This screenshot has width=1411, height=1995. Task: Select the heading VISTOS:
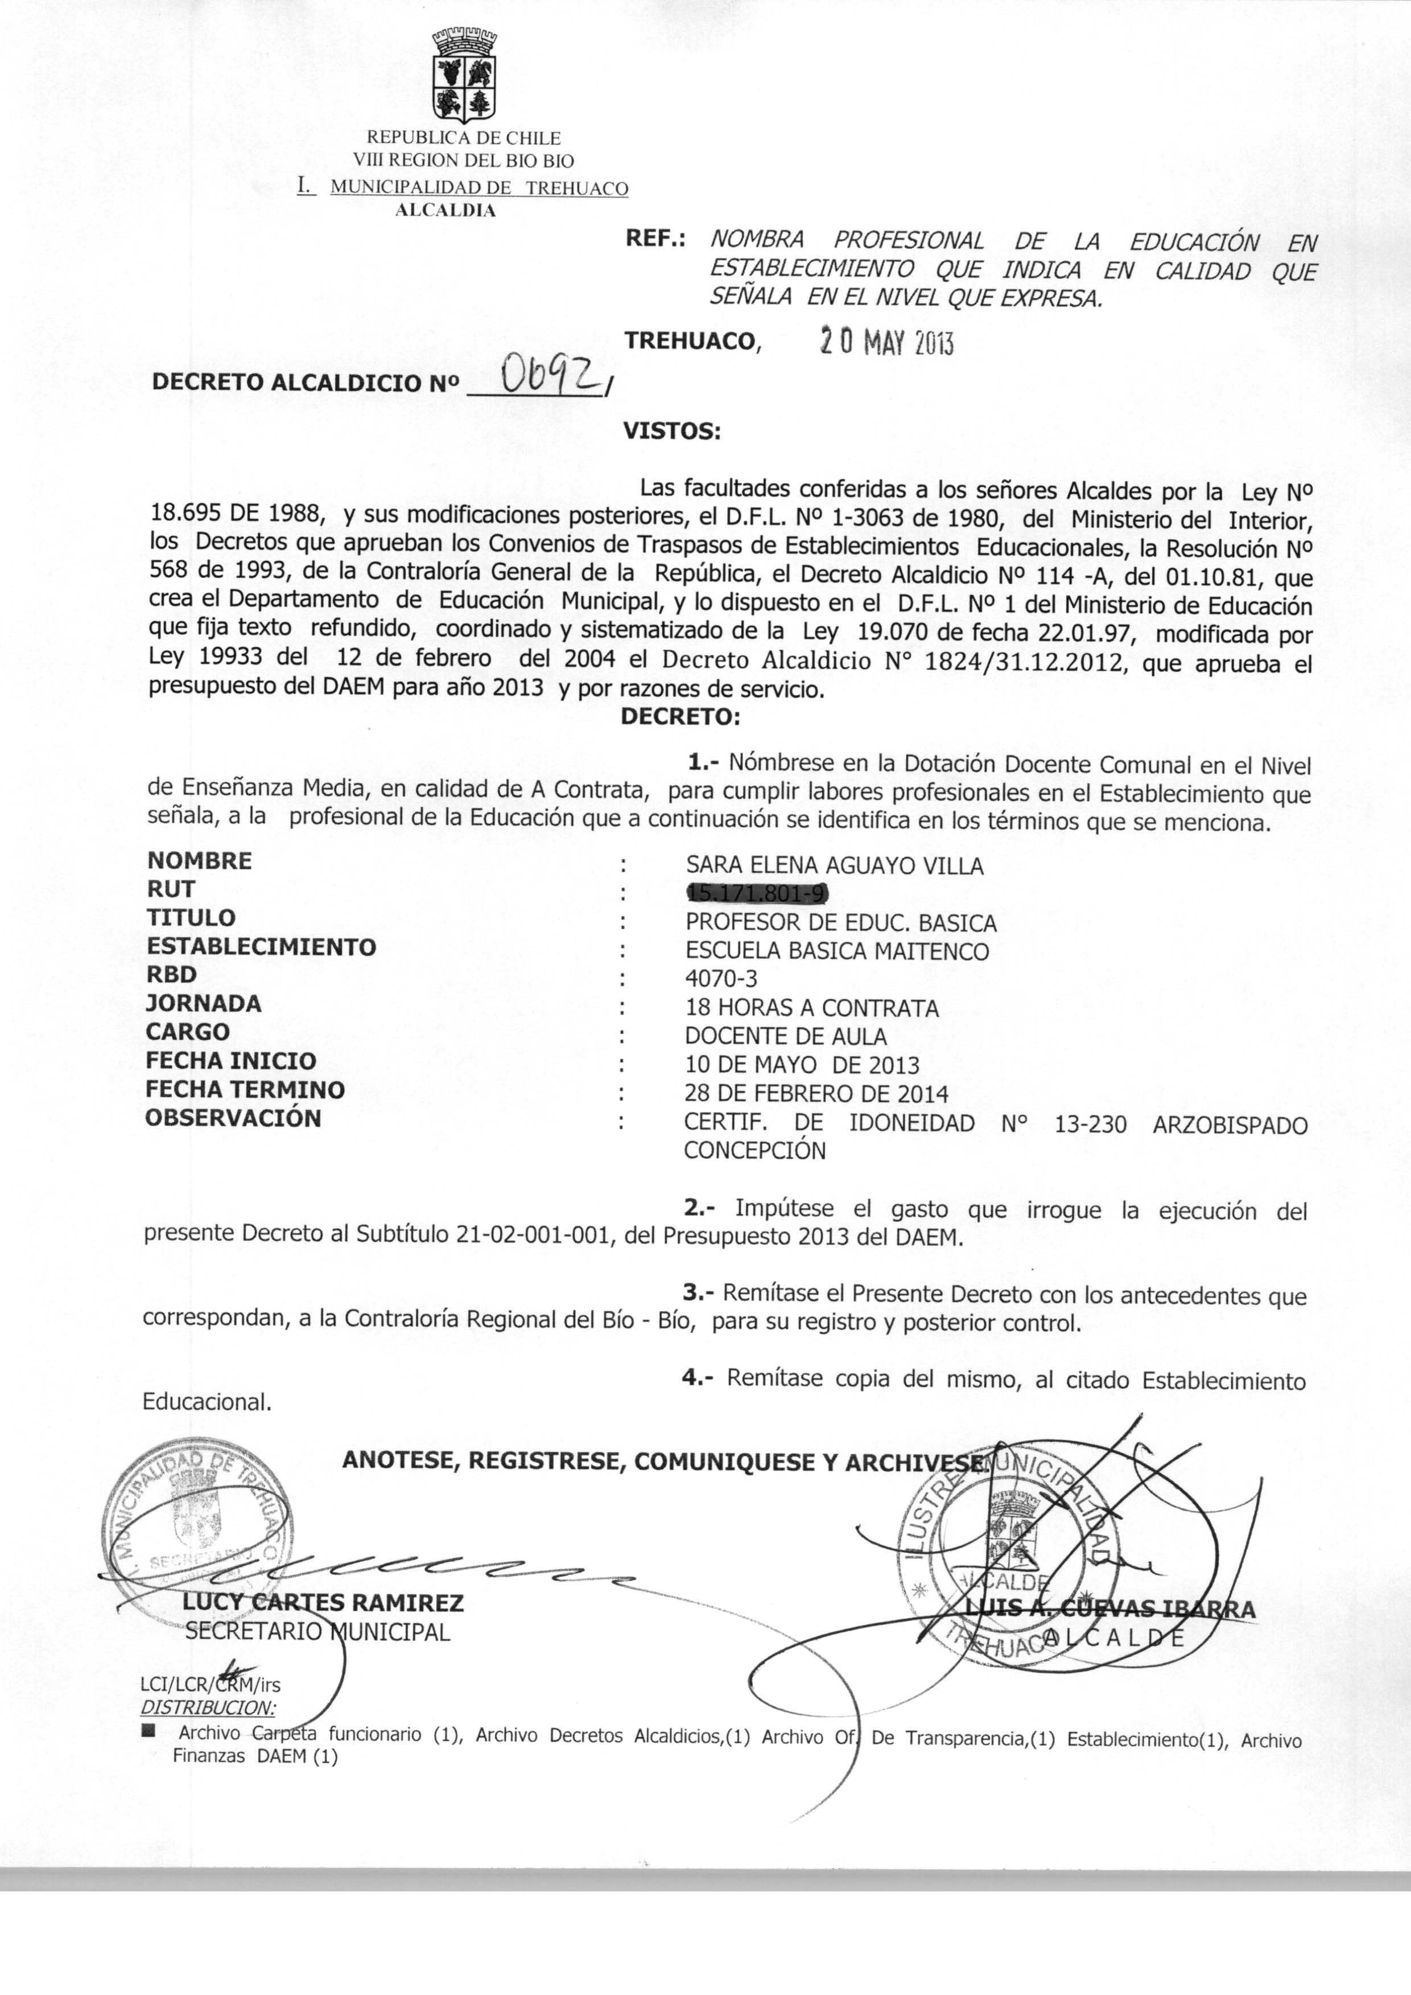coord(671,430)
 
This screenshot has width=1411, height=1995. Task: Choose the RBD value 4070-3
coord(721,979)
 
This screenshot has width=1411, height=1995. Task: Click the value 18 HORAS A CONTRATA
coord(811,1008)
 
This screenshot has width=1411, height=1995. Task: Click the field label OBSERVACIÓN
coord(233,1118)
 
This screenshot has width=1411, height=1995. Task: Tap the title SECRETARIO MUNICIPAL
coord(317,1632)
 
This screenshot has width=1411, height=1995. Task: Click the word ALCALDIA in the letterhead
coord(445,210)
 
